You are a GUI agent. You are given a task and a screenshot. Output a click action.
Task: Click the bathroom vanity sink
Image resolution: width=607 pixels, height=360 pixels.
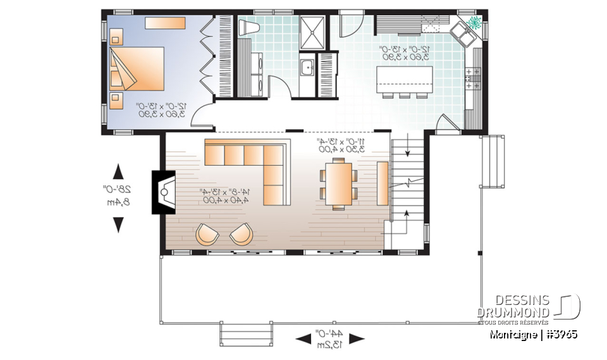coord(306,66)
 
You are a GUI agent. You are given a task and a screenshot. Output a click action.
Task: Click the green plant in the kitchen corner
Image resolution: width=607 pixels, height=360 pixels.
coord(474,23)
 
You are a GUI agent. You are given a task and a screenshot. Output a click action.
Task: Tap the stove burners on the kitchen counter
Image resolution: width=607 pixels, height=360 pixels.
coord(472,78)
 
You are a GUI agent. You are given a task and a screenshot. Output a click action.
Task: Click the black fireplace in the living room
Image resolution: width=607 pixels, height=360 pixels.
coord(160,192)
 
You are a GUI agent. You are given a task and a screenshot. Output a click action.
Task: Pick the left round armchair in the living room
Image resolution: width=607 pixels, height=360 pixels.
coord(207,234)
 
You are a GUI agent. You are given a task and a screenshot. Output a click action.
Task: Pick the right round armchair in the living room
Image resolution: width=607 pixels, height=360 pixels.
coord(240,234)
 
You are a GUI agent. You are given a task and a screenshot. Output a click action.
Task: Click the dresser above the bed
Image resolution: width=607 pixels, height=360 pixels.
coord(165,23)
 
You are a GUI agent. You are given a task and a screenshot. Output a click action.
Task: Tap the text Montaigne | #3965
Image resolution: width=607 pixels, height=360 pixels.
coord(533,333)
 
